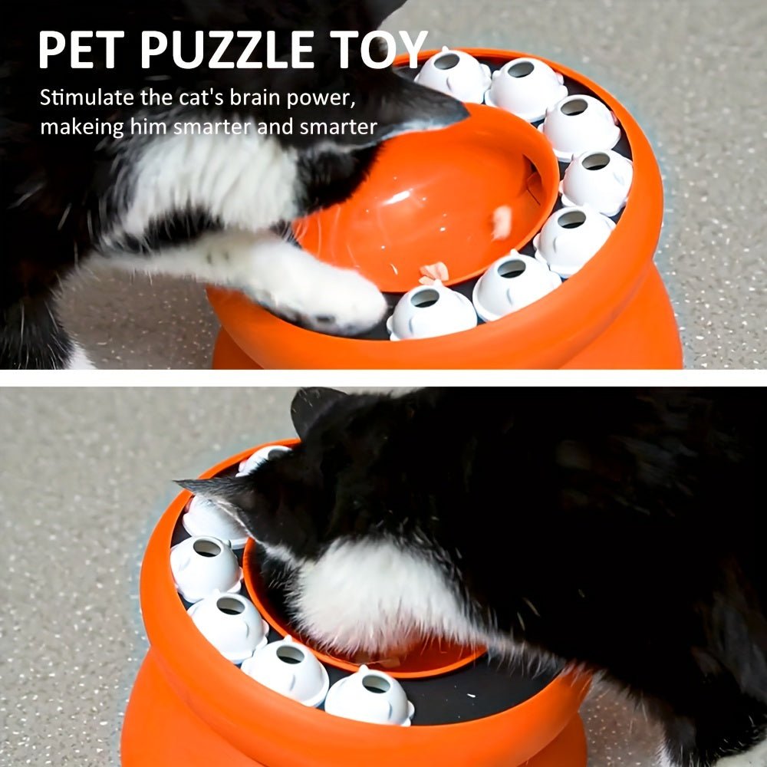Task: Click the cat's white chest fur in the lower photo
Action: pyautogui.click(x=368, y=591)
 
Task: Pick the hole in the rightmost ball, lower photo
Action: pyautogui.click(x=375, y=683)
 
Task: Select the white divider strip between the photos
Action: pyautogui.click(x=383, y=378)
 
